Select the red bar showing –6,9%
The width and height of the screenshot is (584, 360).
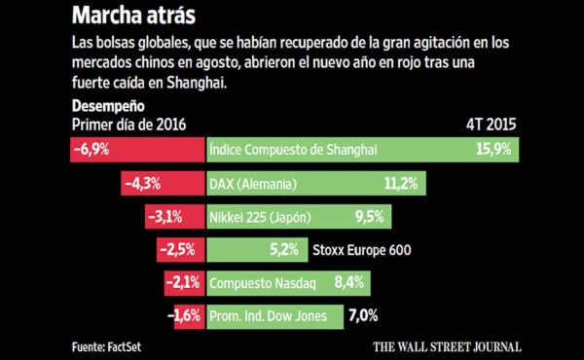pyautogui.click(x=136, y=150)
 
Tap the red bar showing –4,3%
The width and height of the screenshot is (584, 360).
pyautogui.click(x=162, y=183)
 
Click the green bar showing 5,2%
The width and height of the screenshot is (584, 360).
pyautogui.click(x=256, y=250)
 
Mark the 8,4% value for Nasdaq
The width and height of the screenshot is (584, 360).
pyautogui.click(x=348, y=283)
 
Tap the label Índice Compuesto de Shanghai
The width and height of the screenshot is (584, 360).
pyautogui.click(x=293, y=150)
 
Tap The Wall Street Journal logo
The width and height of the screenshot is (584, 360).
pyautogui.click(x=448, y=345)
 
